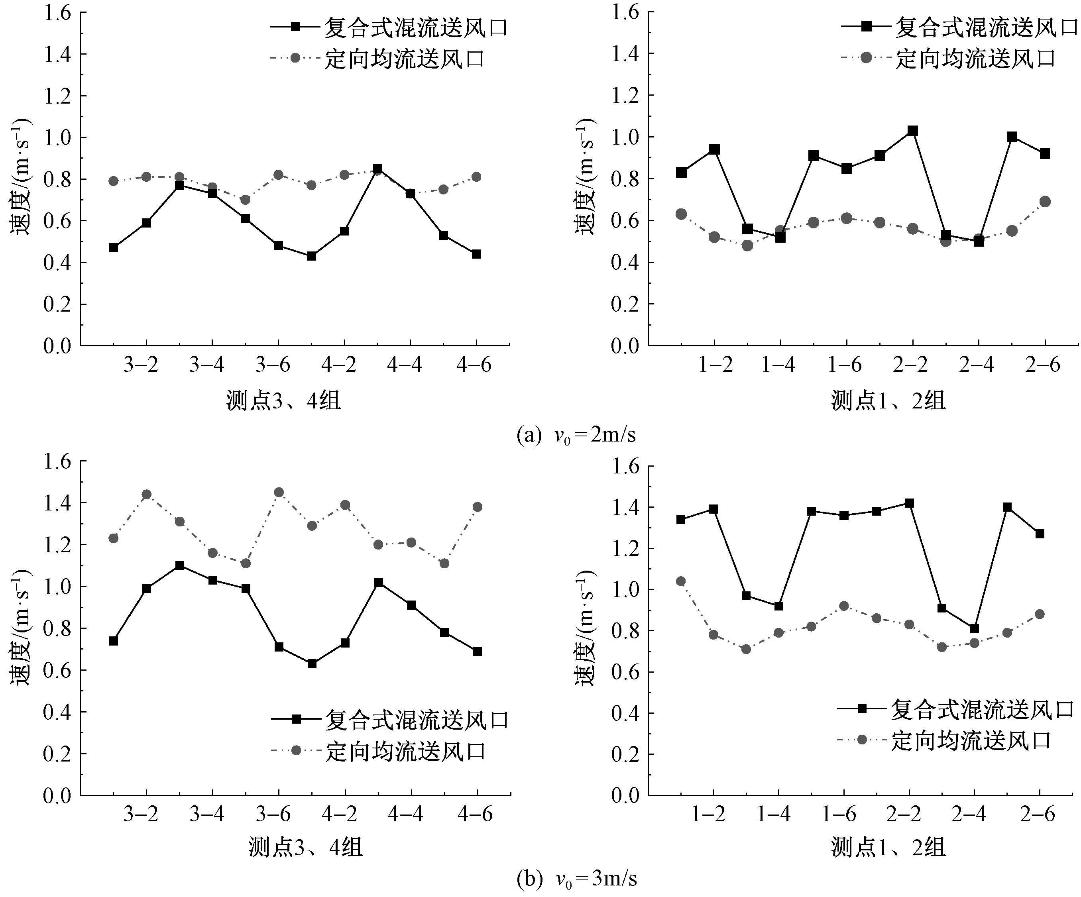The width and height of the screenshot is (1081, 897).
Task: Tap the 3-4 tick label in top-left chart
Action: [x=206, y=365]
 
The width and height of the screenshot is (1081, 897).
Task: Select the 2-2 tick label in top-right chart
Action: [x=910, y=365]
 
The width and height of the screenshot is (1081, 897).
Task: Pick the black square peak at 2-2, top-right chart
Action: [x=913, y=131]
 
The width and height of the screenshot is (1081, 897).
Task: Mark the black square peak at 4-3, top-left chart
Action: [x=377, y=169]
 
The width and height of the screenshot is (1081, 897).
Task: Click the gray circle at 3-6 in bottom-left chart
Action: [x=279, y=493]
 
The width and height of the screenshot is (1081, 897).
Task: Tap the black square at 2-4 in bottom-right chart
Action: [x=975, y=628]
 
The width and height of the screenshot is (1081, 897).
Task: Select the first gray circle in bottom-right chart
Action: [x=680, y=581]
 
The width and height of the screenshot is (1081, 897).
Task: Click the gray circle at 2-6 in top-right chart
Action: [x=1045, y=201]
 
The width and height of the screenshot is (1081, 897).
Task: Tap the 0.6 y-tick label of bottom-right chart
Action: [x=625, y=672]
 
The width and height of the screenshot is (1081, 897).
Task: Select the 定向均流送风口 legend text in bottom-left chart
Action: [x=406, y=752]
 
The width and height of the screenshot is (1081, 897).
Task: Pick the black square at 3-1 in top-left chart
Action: [x=113, y=247]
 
